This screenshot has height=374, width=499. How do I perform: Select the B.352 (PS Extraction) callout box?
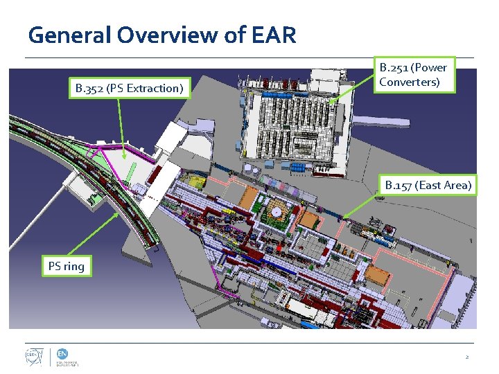(130, 88)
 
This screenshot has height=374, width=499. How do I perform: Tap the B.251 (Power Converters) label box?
(412, 75)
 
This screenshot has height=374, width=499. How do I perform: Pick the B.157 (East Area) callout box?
(428, 184)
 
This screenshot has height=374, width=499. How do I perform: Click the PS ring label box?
(66, 265)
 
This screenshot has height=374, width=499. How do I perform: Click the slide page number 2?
(467, 357)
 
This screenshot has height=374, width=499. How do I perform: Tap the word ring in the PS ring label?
(75, 265)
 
